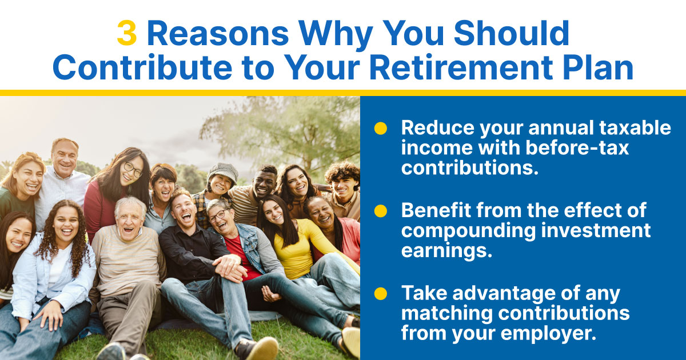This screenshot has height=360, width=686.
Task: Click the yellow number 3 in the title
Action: pyautogui.click(x=127, y=33)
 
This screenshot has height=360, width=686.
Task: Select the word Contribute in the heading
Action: pyautogui.click(x=142, y=67)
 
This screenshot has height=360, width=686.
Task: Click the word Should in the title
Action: pyautogui.click(x=511, y=33)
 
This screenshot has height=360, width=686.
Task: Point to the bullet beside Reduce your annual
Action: pyautogui.click(x=381, y=128)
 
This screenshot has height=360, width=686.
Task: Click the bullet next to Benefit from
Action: pyautogui.click(x=381, y=211)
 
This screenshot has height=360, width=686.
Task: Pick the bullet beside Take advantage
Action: pyautogui.click(x=381, y=294)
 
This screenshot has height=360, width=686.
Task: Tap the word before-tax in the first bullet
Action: pyautogui.click(x=577, y=148)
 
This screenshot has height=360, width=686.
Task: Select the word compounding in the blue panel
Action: pyautogui.click(x=468, y=231)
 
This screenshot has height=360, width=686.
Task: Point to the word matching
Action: pyautogui.click(x=447, y=314)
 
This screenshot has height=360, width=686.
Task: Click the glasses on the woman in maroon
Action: pyautogui.click(x=133, y=169)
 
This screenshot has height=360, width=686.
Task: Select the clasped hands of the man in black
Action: pyautogui.click(x=229, y=268)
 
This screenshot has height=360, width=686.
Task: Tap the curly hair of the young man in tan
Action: pyautogui.click(x=342, y=171)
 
